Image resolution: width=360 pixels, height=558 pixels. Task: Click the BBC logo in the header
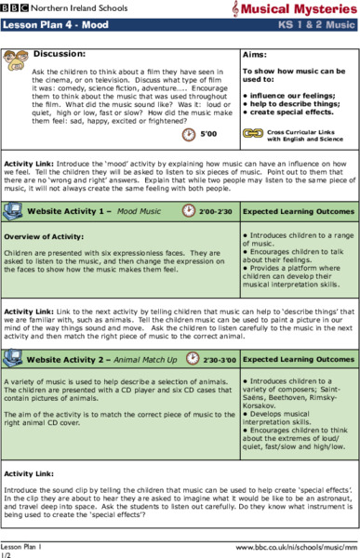(12, 7)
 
